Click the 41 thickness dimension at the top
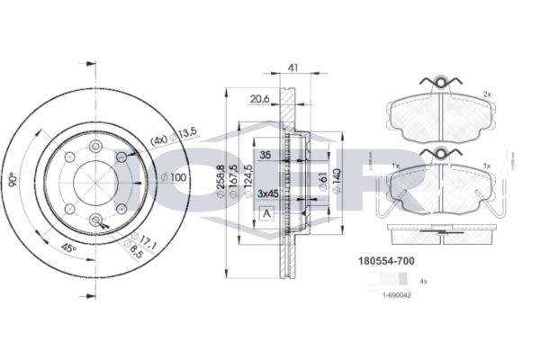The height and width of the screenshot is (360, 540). [x=292, y=67]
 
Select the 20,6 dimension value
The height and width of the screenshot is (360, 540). [x=259, y=99]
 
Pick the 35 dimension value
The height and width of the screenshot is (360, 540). [x=265, y=154]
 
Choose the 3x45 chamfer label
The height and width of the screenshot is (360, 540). [x=268, y=193]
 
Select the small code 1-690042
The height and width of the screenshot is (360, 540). [x=395, y=294]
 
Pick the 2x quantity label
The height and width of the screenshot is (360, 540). [x=487, y=94]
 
